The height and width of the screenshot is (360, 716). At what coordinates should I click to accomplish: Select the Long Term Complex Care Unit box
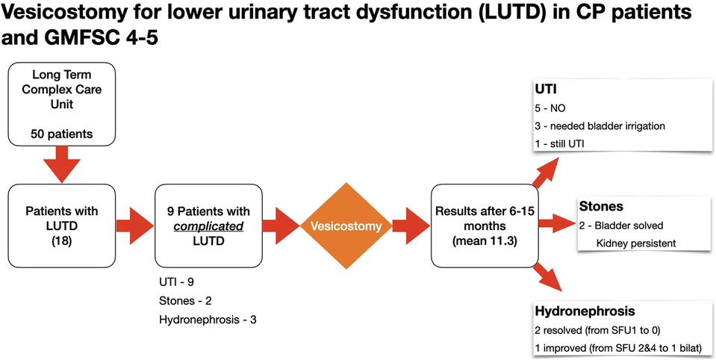click(62, 104)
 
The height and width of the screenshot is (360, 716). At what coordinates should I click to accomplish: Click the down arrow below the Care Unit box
click(61, 164)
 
